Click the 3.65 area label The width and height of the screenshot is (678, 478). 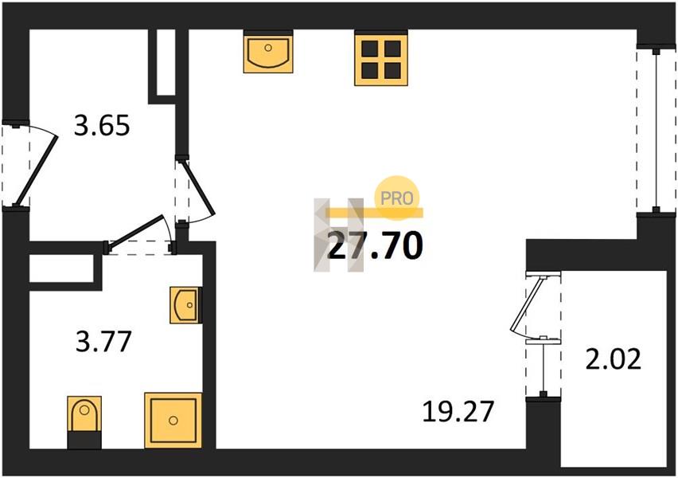(x=102, y=126)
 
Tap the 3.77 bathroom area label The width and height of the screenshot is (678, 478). (x=103, y=341)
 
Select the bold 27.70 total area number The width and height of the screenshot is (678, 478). (x=375, y=245)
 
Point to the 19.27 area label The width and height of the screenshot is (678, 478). (x=458, y=411)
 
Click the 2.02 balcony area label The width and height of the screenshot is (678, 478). (x=613, y=360)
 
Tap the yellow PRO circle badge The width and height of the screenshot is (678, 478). (x=397, y=198)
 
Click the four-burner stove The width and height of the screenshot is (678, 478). (x=381, y=59)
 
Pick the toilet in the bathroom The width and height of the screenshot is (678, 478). (x=84, y=421)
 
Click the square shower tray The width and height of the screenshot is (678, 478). (x=173, y=420)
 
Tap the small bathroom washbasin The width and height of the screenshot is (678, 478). (x=186, y=305)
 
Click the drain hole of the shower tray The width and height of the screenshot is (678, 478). (x=173, y=420)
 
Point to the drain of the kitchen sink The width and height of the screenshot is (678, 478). (x=268, y=48)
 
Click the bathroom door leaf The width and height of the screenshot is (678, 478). (x=135, y=233)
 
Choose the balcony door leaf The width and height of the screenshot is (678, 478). (x=527, y=303)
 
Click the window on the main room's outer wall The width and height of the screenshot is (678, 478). (x=657, y=131)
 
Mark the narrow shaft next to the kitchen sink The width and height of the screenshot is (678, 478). (x=166, y=62)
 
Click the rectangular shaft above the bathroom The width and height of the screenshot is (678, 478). (x=62, y=269)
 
